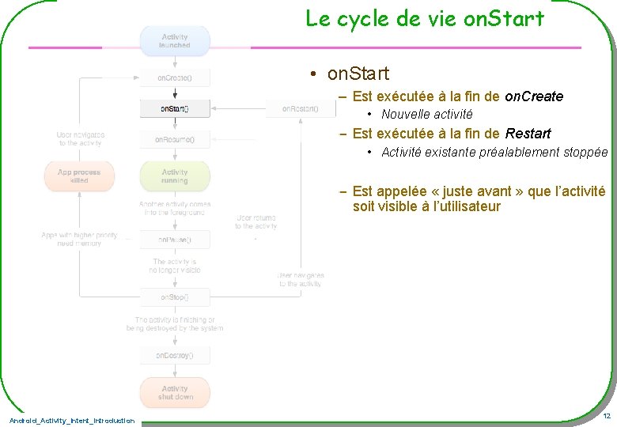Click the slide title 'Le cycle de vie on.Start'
coord(425,19)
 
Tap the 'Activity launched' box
coord(175,41)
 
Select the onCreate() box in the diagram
coord(175,78)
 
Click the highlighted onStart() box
coord(175,108)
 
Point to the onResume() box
coord(175,139)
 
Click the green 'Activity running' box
coord(175,176)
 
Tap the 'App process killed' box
coord(79,176)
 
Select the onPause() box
coord(175,239)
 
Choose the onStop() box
coord(175,297)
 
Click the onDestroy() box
coord(175,356)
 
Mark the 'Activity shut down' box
coord(175,392)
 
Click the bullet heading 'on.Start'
coord(358,74)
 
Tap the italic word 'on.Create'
coord(533,96)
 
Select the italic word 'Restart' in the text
coord(528,134)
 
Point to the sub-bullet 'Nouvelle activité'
coord(426,115)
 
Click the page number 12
coord(606,416)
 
